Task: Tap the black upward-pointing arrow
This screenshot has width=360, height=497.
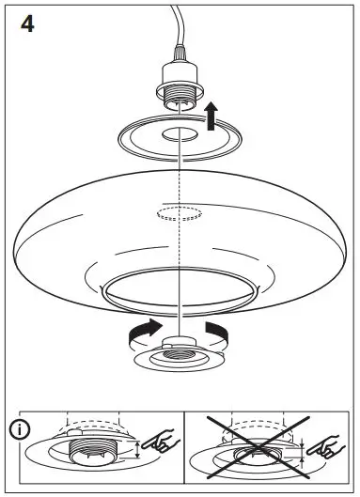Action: pyautogui.click(x=212, y=117)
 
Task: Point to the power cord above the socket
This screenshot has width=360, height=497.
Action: pyautogui.click(x=175, y=33)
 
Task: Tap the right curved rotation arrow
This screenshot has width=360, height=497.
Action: pyautogui.click(x=217, y=332)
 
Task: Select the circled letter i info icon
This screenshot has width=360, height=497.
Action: pyautogui.click(x=18, y=431)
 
